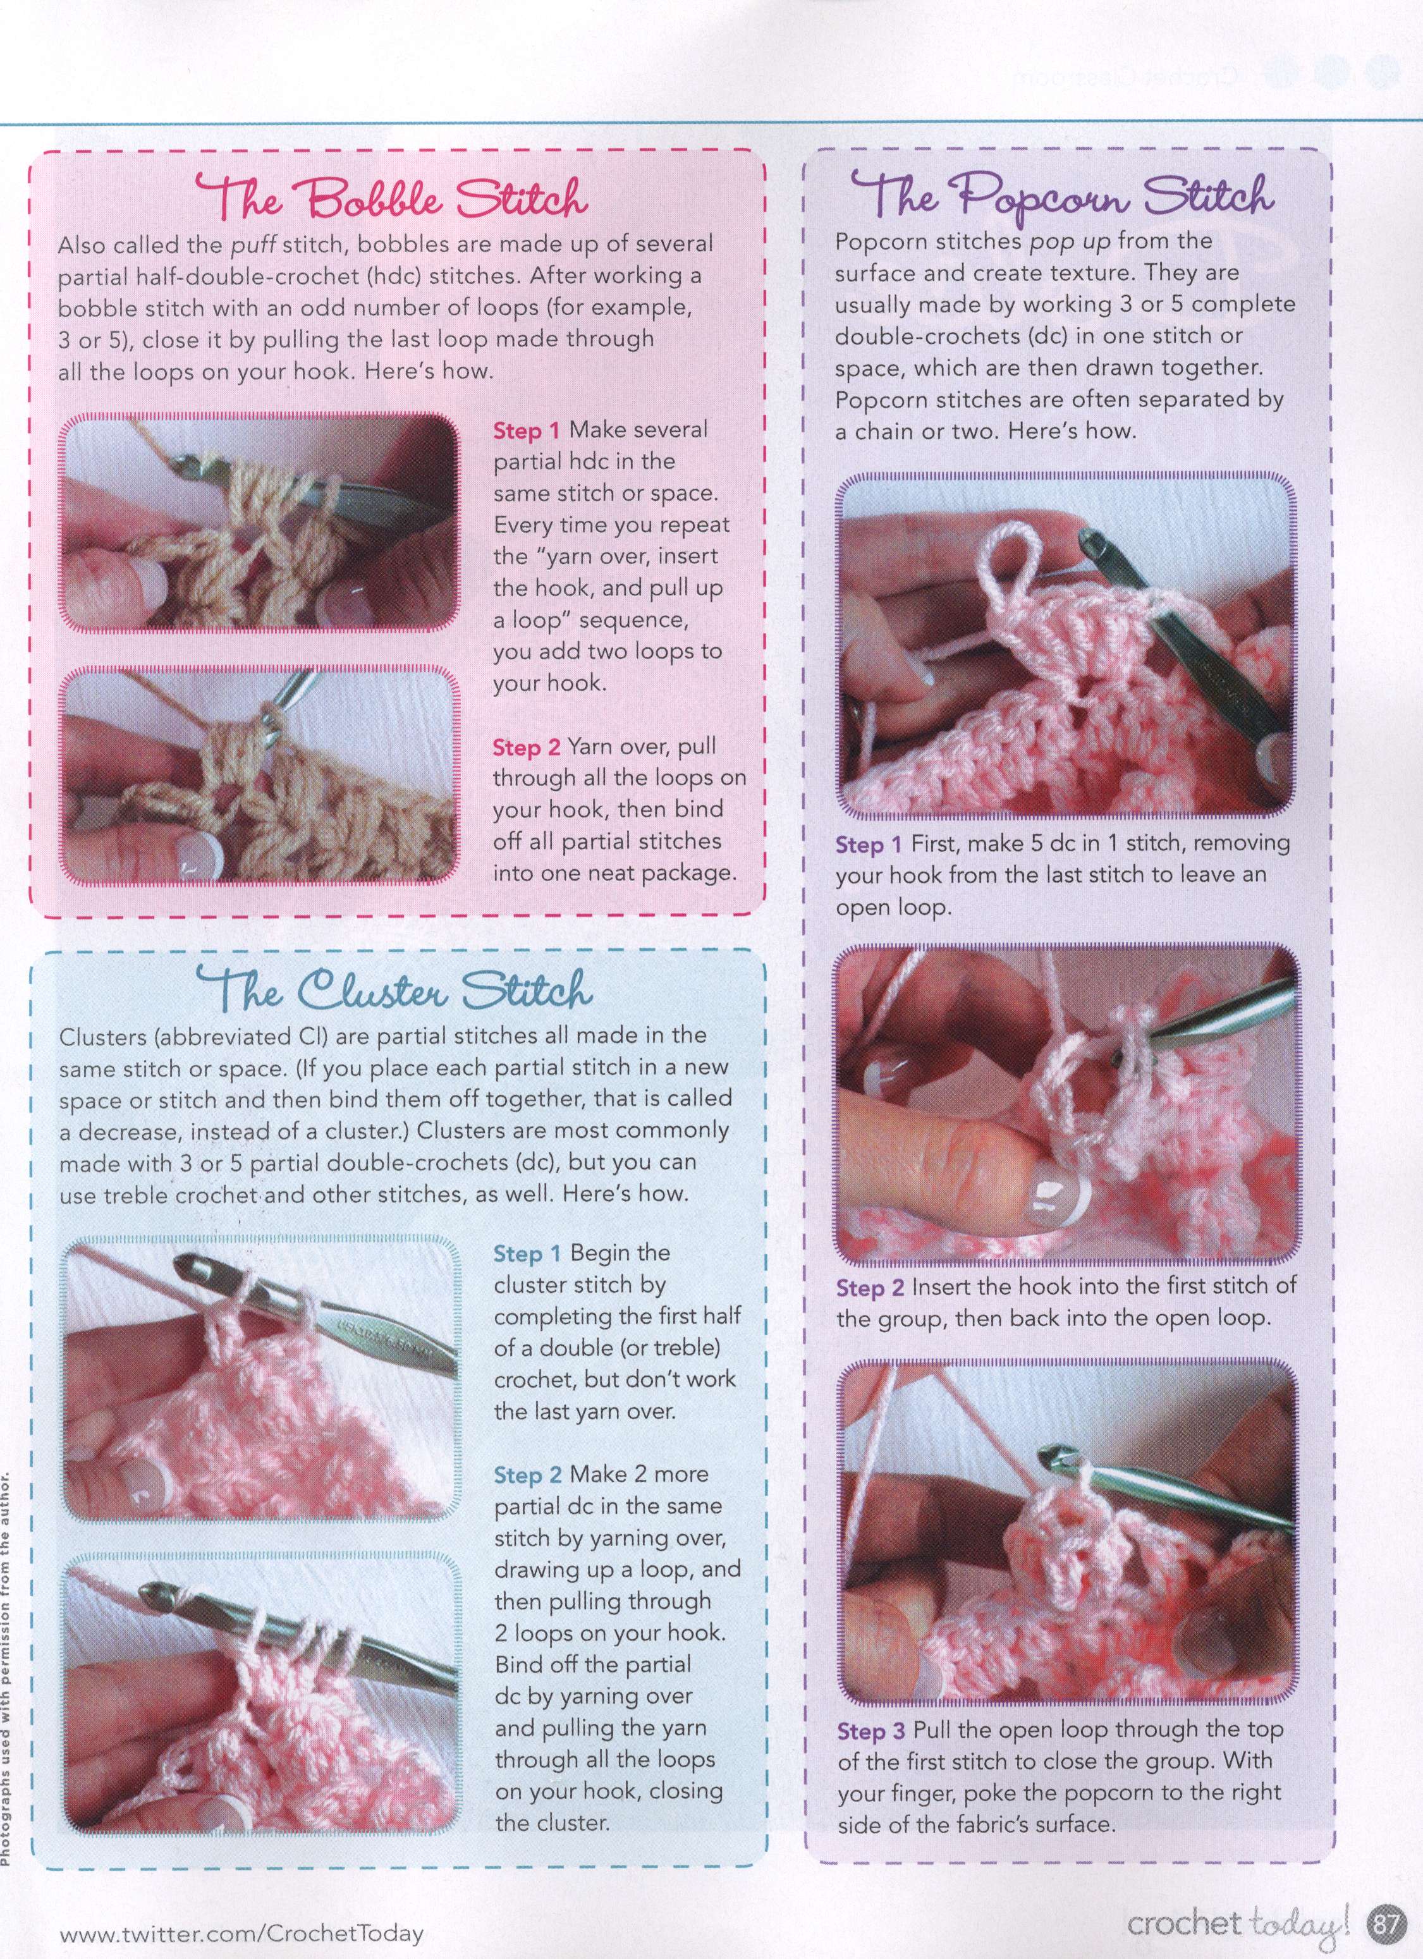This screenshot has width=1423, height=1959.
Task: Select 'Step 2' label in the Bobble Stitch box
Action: [527, 747]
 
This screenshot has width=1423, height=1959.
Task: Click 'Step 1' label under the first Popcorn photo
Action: [869, 844]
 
